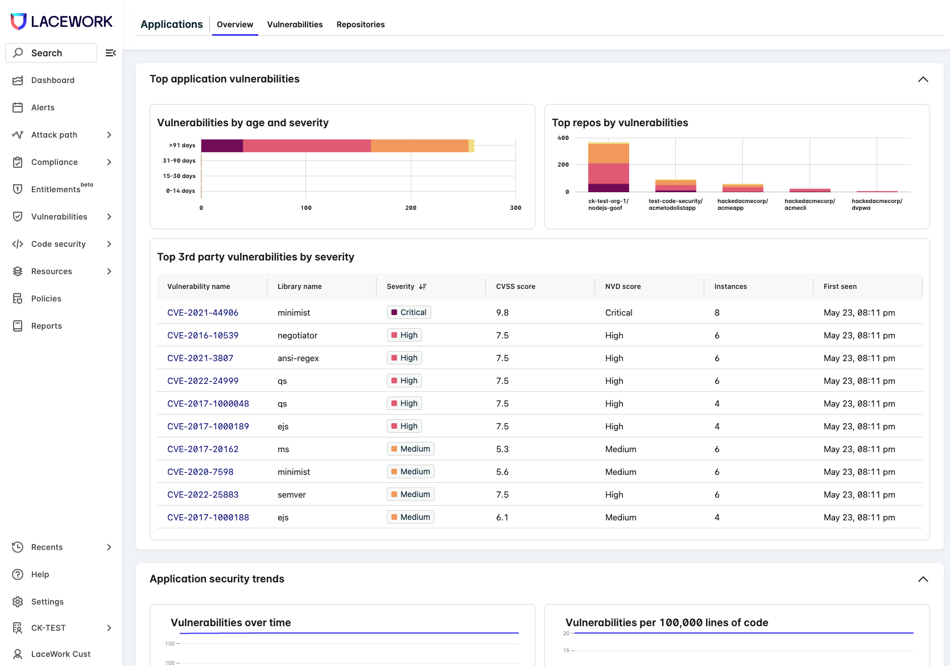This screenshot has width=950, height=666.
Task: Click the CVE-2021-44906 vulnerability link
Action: [203, 312]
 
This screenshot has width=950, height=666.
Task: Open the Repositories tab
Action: [361, 24]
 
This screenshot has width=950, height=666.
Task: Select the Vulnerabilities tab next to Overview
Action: [295, 24]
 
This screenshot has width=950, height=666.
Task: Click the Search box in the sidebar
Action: [51, 53]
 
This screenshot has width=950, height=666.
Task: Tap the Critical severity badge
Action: [409, 312]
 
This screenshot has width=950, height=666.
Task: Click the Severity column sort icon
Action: [423, 287]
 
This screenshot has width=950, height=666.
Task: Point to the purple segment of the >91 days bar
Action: [222, 146]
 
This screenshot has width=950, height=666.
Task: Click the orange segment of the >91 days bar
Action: [419, 146]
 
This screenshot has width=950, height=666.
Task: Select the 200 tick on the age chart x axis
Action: [411, 208]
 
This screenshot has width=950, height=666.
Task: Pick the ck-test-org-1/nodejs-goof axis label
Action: [608, 204]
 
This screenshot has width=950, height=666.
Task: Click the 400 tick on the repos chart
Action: [563, 138]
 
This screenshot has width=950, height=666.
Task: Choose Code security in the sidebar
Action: [59, 244]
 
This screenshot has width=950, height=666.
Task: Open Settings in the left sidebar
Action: [47, 602]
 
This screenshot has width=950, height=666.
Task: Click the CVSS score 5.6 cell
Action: [502, 472]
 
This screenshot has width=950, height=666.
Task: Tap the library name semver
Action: [291, 495]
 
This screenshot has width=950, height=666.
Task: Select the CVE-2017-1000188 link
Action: [208, 517]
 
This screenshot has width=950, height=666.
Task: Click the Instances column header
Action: [730, 287]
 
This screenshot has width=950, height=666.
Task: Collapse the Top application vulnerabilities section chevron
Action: [923, 79]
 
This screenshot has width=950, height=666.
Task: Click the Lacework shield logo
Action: [18, 21]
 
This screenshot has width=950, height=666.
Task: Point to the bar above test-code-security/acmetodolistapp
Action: [675, 185]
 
